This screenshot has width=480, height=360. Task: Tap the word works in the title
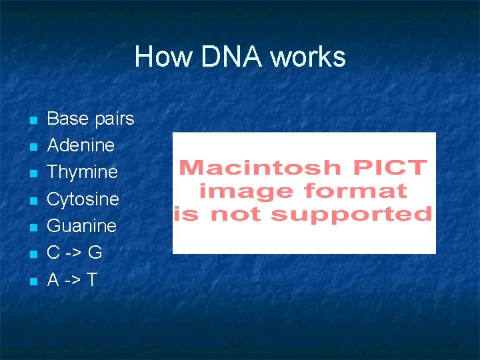tap(308, 57)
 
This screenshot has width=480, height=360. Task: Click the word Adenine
tap(81, 145)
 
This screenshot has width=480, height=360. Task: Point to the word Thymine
tap(82, 173)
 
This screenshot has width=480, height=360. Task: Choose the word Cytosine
tap(83, 199)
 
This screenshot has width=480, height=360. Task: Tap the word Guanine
tap(81, 226)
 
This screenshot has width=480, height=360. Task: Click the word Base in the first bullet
tap(67, 119)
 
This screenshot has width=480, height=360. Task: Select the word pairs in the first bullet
tap(114, 119)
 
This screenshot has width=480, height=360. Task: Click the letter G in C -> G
tap(95, 253)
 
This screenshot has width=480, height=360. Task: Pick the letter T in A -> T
tap(91, 280)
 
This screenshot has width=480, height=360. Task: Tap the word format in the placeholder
tap(355, 191)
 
